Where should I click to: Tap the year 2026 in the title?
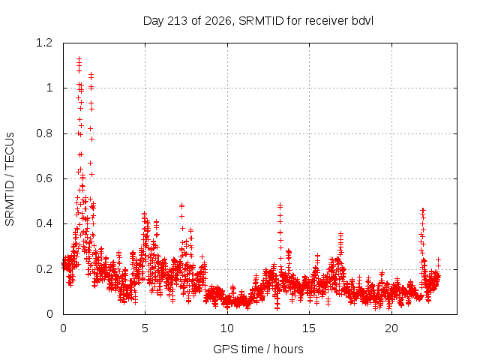(x=218, y=21)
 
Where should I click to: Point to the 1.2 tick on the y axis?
(x=44, y=43)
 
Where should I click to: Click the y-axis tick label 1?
(x=49, y=88)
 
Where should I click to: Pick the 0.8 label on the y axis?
(x=44, y=133)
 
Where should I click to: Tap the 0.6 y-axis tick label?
(x=44, y=178)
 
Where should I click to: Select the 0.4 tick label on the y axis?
(x=44, y=223)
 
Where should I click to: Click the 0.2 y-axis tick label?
(x=44, y=269)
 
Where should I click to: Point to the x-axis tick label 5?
(x=145, y=328)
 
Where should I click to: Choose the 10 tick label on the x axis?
(x=227, y=328)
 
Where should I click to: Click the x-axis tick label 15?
(x=309, y=328)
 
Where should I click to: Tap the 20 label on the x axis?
(x=391, y=328)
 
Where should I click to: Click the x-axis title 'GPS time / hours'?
(x=258, y=349)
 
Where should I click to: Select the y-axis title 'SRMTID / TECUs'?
(x=10, y=179)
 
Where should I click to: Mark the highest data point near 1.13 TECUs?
(x=79, y=58)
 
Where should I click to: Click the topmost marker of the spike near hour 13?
(x=280, y=205)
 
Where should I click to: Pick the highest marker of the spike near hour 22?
(x=423, y=210)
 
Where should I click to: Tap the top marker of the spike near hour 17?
(x=340, y=234)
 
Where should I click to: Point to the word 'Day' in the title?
(x=153, y=21)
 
